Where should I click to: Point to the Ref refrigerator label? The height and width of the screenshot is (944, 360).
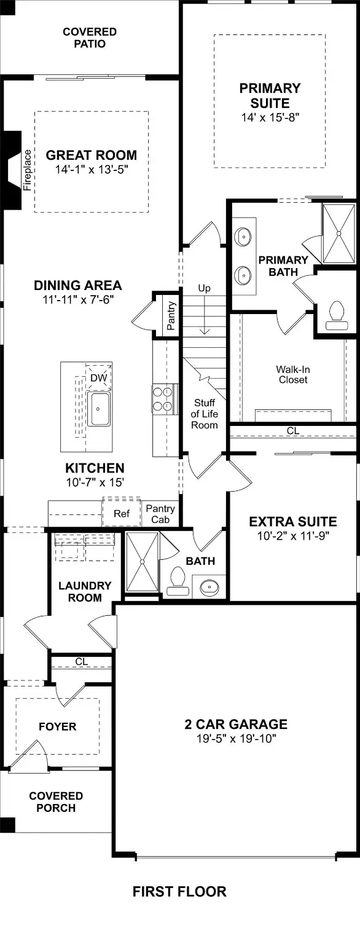(x=122, y=513)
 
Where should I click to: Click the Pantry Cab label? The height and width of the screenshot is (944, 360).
(x=160, y=514)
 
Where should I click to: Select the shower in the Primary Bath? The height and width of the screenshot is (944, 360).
(x=338, y=233)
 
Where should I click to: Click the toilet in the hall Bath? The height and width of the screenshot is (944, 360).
(x=178, y=580)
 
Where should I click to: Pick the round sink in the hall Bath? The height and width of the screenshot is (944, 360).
(x=209, y=588)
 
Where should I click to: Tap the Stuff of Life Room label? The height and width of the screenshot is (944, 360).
(x=205, y=414)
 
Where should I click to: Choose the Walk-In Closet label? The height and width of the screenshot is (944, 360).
(x=292, y=374)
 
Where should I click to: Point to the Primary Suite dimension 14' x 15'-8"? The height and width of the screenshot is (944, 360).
(x=270, y=116)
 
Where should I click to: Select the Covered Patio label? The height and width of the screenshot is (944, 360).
(x=90, y=37)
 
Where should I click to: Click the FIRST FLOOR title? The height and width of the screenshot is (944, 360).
(x=179, y=891)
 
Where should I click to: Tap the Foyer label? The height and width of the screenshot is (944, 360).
(x=58, y=726)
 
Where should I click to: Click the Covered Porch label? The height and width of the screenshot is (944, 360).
(x=56, y=802)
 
